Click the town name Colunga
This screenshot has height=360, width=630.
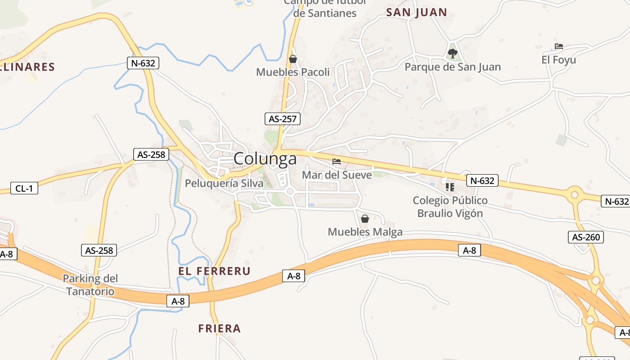tap(265, 159)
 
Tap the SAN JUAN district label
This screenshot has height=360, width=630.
tap(416, 13)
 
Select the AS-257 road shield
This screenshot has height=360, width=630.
tap(282, 119)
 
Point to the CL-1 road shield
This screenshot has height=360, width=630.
tap(24, 188)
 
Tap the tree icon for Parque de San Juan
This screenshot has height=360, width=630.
tap(452, 54)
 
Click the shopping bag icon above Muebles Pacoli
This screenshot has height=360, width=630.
tap(293, 59)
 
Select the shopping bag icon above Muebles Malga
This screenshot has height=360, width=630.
tap(365, 219)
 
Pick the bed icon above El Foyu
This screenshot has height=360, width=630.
tap(559, 46)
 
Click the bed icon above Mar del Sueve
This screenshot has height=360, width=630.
tap(337, 162)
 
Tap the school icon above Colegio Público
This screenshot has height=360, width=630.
tap(450, 187)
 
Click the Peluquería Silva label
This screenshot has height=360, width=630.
tap(224, 184)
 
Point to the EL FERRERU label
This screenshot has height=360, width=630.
tap(214, 271)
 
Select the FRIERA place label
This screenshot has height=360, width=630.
tap(220, 328)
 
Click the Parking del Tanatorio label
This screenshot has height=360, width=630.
tap(90, 285)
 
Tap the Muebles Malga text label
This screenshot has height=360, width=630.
tap(365, 232)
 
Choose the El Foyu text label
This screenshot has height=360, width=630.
tap(558, 60)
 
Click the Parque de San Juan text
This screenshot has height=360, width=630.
tap(452, 67)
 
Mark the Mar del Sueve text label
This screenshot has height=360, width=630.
tap(337, 175)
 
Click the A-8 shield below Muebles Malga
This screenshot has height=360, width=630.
tap(469, 250)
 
